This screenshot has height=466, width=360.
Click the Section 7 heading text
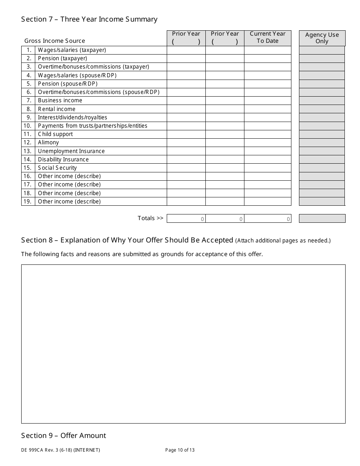[x=89, y=19]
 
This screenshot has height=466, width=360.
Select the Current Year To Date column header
[x=268, y=38]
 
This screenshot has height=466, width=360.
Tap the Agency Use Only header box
[x=322, y=38]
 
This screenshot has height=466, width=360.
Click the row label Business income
[x=60, y=100]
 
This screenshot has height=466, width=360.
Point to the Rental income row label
[x=56, y=109]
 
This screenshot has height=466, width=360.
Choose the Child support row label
[x=55, y=134]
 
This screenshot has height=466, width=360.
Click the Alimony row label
[x=49, y=142]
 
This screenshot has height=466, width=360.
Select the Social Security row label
[x=57, y=168]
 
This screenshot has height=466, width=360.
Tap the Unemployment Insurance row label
[x=71, y=151]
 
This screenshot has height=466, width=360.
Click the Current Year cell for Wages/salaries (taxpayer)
[x=268, y=50]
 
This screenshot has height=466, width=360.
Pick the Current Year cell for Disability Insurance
[x=268, y=160]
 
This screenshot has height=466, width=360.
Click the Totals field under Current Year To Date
[x=268, y=219]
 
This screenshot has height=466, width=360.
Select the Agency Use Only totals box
[x=322, y=218]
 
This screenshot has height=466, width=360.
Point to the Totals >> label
[x=150, y=218]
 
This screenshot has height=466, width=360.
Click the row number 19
[x=28, y=202]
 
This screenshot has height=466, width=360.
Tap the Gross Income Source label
[x=55, y=41]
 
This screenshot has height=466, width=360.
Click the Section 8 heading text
[x=127, y=240]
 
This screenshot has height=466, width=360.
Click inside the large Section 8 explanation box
[x=183, y=344]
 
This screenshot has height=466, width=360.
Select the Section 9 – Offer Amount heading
[x=64, y=436]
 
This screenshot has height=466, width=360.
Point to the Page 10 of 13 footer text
[x=180, y=450]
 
